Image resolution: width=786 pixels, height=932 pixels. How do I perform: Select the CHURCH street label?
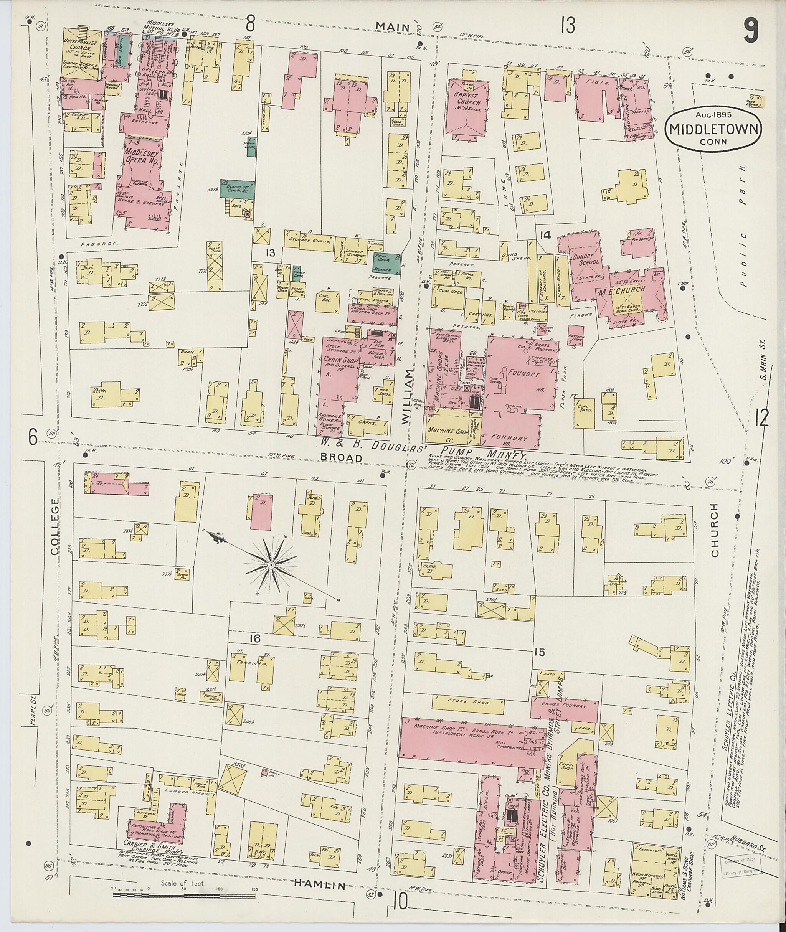pyautogui.click(x=714, y=530)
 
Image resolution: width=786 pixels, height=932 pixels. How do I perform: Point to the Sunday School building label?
pyautogui.click(x=589, y=260)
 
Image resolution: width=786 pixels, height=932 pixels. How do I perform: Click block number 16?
pyautogui.click(x=254, y=638)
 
